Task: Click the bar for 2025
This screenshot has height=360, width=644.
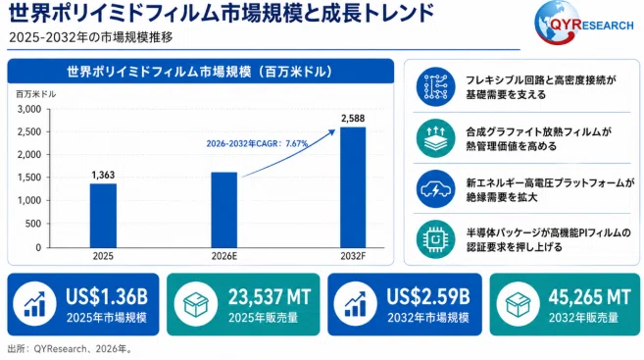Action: click(103, 216)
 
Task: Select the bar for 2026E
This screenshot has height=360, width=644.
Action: click(224, 210)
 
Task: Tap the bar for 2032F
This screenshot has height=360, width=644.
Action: click(353, 187)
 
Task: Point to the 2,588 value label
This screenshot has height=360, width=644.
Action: click(353, 119)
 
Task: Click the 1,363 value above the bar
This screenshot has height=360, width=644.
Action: click(103, 175)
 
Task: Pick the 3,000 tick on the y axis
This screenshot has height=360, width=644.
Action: click(29, 109)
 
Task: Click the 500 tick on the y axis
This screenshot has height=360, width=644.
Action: click(33, 224)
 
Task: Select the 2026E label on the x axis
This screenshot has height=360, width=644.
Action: click(224, 256)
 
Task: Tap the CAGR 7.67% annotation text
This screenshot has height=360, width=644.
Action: click(257, 143)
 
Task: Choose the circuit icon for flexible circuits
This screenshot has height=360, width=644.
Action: click(435, 86)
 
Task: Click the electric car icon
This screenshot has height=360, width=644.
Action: click(435, 188)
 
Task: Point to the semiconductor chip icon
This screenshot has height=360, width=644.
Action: click(435, 239)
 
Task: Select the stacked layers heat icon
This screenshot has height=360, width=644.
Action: click(435, 138)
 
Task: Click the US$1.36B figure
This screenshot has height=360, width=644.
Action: click(107, 296)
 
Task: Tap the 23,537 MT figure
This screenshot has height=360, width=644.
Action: click(270, 296)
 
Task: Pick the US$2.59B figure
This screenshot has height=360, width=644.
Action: click(428, 296)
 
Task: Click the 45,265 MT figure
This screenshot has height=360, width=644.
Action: click(589, 296)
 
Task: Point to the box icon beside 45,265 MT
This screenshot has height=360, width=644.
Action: click(518, 304)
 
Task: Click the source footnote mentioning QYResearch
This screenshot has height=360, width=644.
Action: click(70, 349)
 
